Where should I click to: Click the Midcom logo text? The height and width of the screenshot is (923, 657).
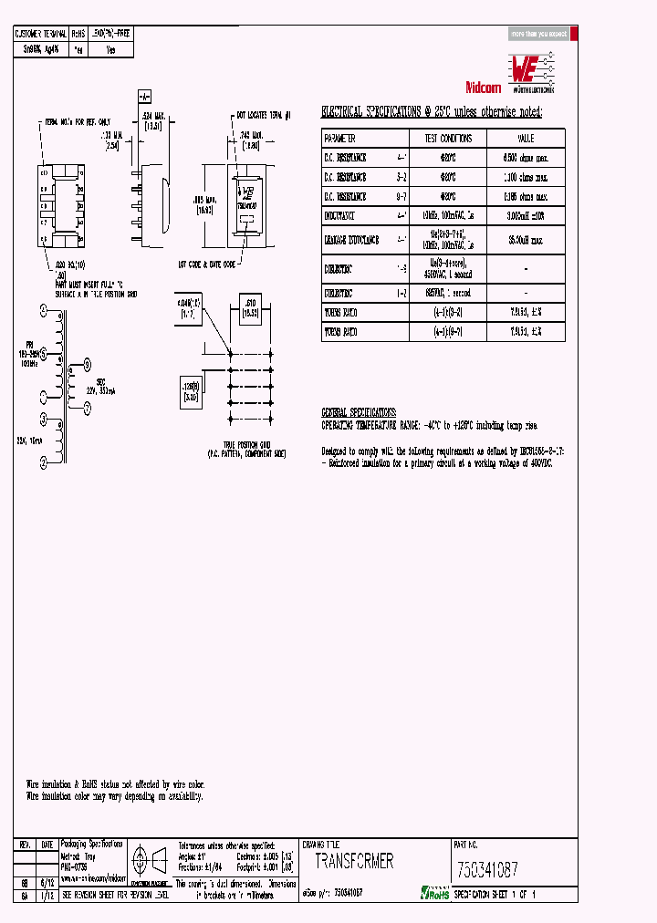point(484,88)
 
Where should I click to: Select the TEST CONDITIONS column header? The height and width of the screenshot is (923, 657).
point(448,139)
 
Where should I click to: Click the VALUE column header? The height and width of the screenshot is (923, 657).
point(526,139)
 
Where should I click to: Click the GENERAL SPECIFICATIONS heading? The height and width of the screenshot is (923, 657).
point(359,412)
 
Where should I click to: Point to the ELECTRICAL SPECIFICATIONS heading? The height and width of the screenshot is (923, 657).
point(432,112)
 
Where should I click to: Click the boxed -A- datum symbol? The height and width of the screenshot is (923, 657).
point(144,97)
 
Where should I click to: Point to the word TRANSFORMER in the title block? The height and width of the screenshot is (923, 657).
point(354,861)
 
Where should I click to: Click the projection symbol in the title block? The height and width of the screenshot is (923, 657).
point(148,858)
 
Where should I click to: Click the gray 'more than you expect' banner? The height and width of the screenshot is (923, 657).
point(539,34)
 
